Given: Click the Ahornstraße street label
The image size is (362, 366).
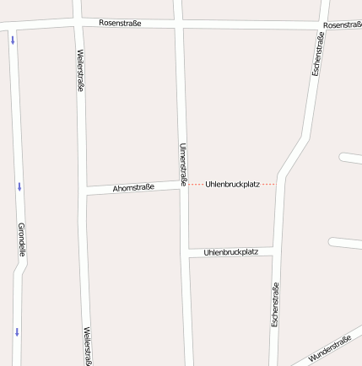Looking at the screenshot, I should [133, 188].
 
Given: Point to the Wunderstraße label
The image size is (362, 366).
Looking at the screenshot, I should [329, 349].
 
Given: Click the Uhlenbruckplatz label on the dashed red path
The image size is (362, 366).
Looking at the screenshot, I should [231, 183].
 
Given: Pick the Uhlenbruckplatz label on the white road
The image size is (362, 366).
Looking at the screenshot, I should [230, 252].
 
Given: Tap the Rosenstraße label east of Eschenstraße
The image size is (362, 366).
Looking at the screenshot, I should [342, 25].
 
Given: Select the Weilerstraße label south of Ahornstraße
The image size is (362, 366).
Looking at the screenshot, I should [87, 346].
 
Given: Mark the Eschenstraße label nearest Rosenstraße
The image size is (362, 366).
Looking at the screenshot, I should [318, 54].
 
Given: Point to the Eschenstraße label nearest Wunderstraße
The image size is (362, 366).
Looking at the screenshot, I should [275, 304].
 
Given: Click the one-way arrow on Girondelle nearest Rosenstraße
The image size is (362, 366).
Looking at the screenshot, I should [13, 40].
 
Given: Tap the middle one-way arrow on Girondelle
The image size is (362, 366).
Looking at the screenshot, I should [19, 186].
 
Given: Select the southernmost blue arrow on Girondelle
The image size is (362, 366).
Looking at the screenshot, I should [16, 331].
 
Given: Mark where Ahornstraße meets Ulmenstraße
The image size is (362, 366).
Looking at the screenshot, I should [182, 184].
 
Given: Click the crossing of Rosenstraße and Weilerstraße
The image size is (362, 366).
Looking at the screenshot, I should [78, 23].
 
